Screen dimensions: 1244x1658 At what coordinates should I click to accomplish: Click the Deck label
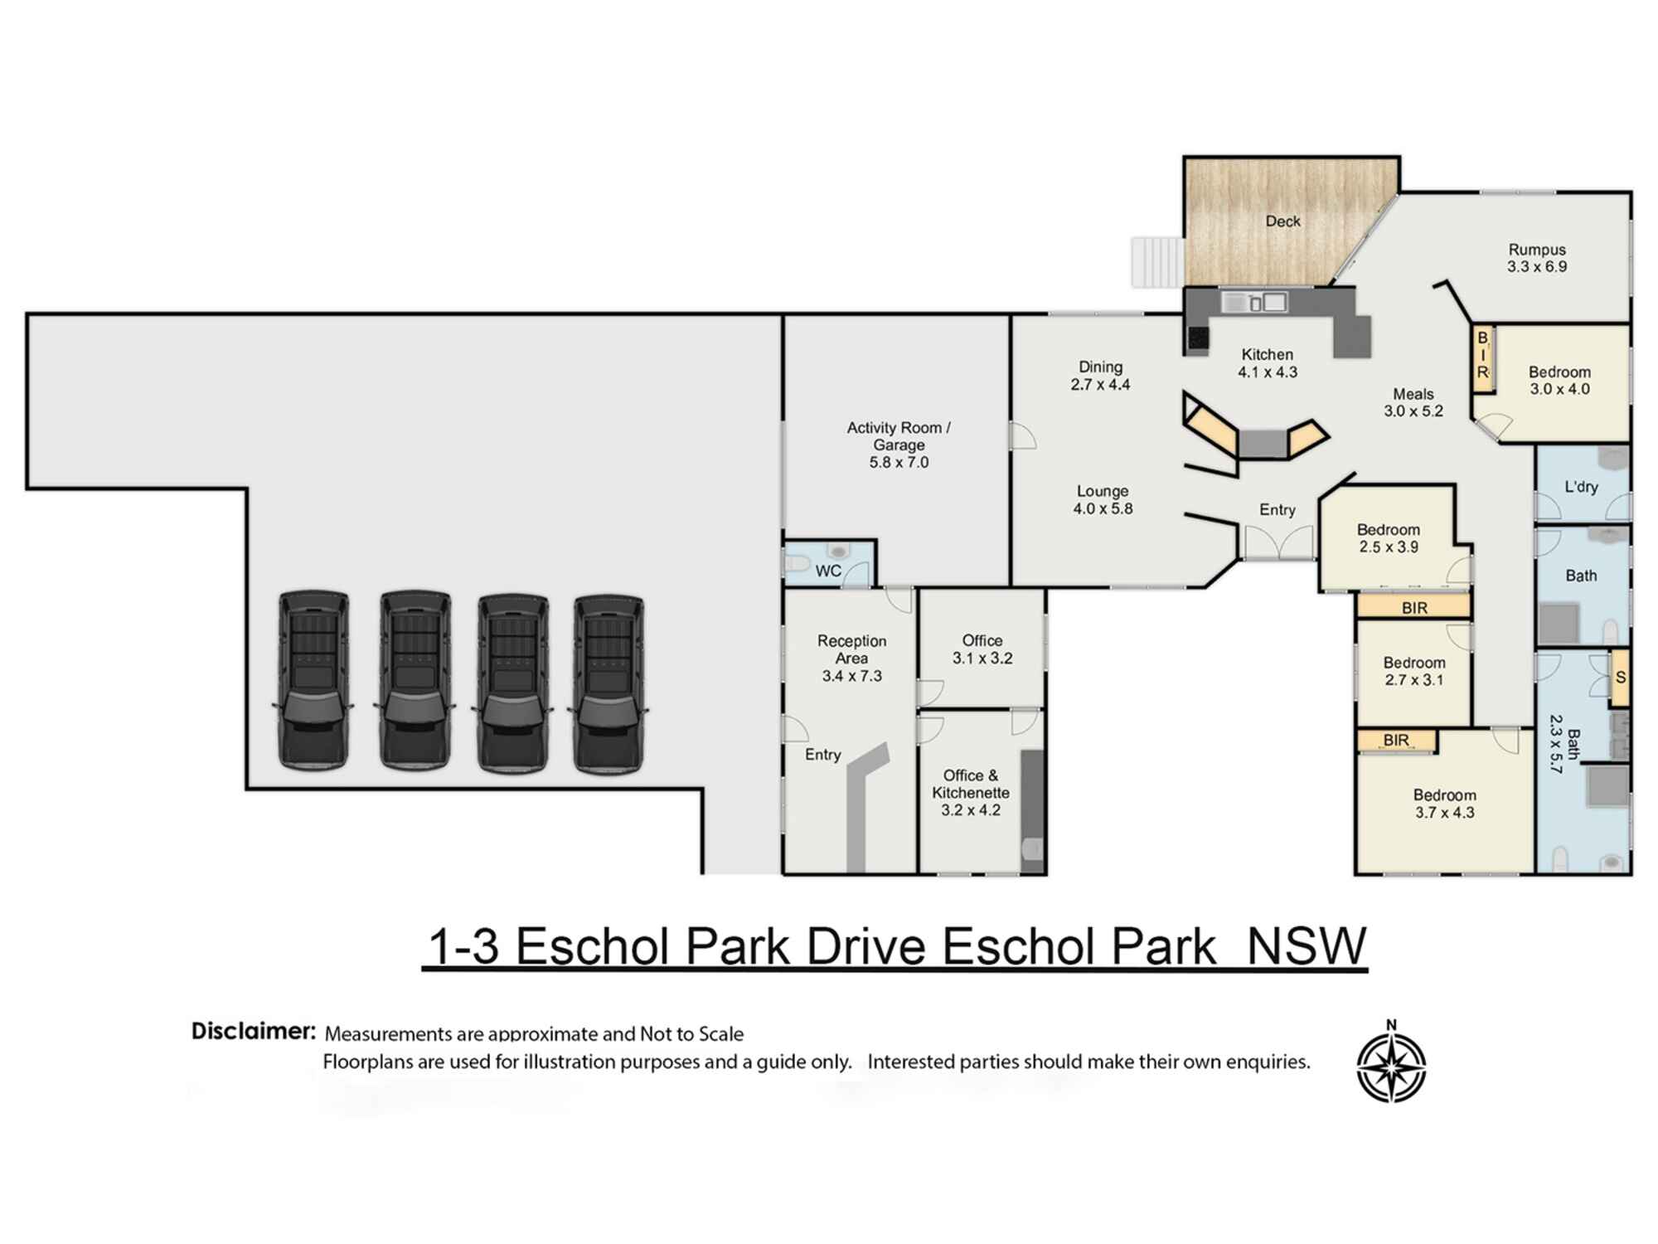coord(1282,221)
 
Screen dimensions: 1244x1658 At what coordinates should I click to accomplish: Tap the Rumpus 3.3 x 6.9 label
coord(1537,258)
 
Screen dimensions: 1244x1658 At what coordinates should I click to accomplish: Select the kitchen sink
coord(1254,303)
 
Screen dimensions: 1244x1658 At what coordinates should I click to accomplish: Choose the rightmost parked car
coord(608,684)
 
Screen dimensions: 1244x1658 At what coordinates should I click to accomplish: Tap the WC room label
coord(828,571)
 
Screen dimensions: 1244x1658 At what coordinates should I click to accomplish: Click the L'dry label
coord(1581,488)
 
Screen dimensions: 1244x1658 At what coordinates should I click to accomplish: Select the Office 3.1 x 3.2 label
coord(982,649)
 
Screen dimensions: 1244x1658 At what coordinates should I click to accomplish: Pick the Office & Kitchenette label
coord(971,793)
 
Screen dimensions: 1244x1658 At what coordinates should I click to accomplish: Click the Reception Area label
coord(851,658)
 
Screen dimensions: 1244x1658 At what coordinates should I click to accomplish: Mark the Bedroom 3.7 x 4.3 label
coord(1444,804)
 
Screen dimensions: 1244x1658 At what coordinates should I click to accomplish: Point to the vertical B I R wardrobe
coord(1482,355)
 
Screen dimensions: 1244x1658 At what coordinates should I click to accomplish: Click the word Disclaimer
coord(254,1032)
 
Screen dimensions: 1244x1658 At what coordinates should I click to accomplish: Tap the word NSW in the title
coord(1307,946)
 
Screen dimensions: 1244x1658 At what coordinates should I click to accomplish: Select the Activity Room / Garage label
coord(899,445)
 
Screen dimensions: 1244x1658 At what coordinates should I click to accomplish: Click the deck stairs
coord(1157,262)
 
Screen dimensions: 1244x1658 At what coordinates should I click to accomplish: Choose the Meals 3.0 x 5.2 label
coord(1413,402)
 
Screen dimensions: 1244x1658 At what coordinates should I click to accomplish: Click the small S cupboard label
coord(1620,678)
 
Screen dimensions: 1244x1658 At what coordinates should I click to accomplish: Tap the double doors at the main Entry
coord(1277,543)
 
